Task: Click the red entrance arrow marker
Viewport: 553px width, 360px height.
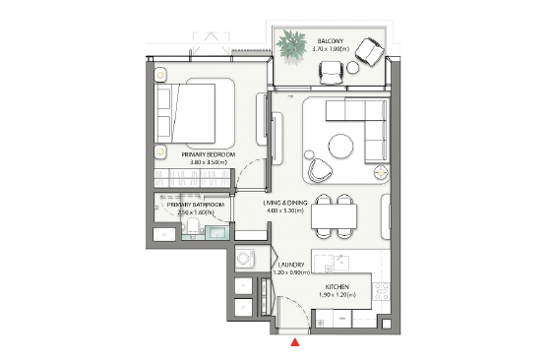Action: (294, 342)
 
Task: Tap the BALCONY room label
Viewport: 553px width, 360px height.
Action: (330, 40)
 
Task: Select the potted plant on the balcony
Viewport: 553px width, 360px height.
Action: (291, 44)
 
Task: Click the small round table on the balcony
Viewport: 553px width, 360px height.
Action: (331, 69)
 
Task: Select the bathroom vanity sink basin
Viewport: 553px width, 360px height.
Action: (216, 234)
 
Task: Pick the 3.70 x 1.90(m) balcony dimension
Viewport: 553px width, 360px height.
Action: (330, 48)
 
